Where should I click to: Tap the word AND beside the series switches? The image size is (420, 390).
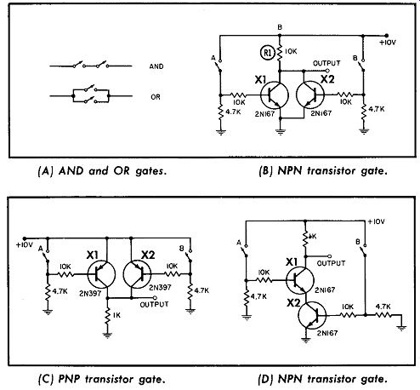156,66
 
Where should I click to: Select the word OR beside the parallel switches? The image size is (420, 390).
156,97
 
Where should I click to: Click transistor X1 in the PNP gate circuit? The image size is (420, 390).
101,274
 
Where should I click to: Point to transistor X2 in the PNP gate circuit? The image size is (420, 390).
137,274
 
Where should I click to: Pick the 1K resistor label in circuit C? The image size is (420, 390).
116,315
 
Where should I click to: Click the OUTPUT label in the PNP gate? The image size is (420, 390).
154,304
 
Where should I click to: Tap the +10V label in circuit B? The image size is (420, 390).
388,43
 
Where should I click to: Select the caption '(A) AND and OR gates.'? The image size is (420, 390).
102,171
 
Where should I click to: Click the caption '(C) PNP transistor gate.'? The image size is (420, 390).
101,379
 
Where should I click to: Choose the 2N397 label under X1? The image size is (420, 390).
90,294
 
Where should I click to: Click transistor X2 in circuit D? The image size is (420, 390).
312,315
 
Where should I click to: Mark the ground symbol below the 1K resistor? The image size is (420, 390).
107,336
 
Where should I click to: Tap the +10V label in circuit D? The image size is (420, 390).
376,221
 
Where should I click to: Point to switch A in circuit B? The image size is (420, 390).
220,66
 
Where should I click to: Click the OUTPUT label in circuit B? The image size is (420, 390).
326,63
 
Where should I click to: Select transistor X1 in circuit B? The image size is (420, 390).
275,95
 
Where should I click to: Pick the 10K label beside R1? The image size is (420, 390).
291,51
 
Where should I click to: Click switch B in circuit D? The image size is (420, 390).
365,250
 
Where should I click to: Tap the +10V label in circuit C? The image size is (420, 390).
25,244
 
